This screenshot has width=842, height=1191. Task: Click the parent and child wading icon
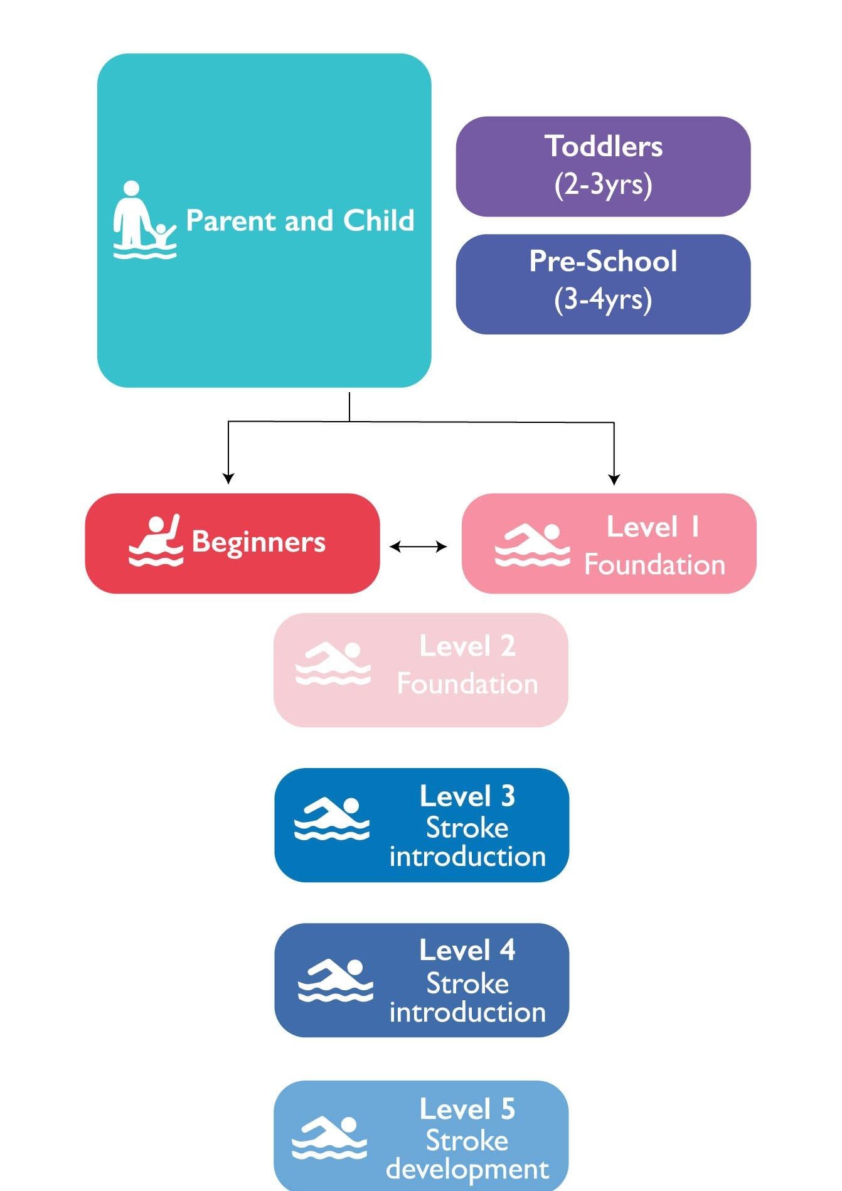[144, 220]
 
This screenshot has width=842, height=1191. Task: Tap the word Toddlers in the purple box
[604, 146]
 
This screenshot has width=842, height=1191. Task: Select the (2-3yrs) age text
[604, 184]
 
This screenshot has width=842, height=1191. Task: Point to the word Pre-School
[604, 261]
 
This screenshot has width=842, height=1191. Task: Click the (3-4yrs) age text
[604, 299]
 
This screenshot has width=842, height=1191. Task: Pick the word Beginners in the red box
[258, 542]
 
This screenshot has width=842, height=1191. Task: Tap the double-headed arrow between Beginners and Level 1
[418, 547]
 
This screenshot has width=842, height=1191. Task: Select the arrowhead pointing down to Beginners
[228, 478]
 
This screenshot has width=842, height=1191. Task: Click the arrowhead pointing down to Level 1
[614, 479]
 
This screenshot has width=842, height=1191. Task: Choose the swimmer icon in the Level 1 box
[532, 545]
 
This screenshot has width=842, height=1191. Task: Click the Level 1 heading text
[653, 527]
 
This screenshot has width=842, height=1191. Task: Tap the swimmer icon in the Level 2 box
[333, 663]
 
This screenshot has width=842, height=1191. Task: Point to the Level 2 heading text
[467, 646]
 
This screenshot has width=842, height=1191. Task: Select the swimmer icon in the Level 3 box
[333, 818]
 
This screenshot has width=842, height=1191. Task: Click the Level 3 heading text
[467, 796]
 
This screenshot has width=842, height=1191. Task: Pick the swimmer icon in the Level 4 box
[335, 980]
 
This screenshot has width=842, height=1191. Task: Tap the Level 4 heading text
[467, 951]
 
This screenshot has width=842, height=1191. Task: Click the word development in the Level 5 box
[467, 1170]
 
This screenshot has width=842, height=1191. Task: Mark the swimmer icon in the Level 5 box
[330, 1138]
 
